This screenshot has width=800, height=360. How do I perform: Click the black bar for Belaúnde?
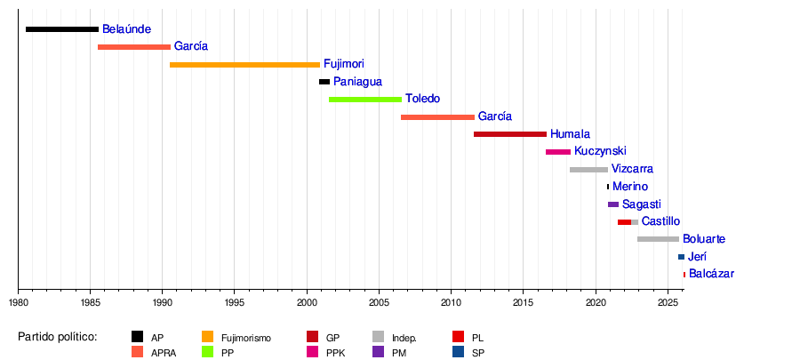click(62, 29)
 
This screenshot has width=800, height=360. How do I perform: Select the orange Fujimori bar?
click(244, 65)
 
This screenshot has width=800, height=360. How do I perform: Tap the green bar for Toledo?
click(364, 100)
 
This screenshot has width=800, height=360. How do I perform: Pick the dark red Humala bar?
click(510, 134)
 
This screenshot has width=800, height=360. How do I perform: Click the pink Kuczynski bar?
click(558, 152)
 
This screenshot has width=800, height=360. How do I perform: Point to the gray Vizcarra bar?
click(588, 169)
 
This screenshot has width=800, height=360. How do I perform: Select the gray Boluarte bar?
click(658, 239)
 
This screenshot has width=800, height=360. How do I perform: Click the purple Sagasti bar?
click(613, 204)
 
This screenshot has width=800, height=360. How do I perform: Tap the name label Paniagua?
click(357, 82)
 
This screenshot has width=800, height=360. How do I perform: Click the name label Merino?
click(630, 187)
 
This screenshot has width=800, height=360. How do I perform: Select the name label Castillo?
click(660, 221)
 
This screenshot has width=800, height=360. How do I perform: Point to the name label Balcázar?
click(711, 274)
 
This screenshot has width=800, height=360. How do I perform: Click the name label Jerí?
click(698, 257)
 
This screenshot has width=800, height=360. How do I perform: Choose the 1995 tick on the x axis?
click(234, 290)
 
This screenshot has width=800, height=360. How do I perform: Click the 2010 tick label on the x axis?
click(451, 303)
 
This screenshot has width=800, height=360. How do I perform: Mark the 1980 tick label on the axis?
click(18, 303)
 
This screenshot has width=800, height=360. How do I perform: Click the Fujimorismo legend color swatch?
click(208, 337)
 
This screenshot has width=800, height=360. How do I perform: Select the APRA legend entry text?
click(163, 352)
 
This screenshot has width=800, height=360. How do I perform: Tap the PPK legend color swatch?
click(313, 352)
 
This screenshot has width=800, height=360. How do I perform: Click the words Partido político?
click(58, 337)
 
